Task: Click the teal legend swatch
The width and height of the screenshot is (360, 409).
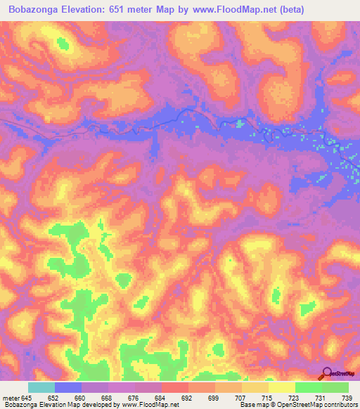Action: [41, 388]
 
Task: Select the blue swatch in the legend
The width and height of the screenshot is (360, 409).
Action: [68, 388]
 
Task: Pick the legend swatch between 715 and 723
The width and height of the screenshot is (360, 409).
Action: [281, 388]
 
